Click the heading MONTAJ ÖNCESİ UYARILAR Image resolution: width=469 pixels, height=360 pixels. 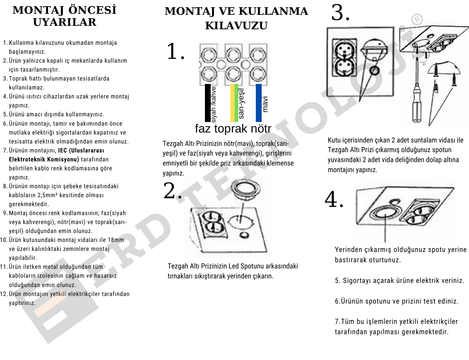(x=65, y=16)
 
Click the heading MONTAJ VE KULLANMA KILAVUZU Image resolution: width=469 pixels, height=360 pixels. (x=236, y=18)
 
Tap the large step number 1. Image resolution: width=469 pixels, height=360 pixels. (x=174, y=52)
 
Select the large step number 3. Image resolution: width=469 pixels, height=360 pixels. (x=340, y=13)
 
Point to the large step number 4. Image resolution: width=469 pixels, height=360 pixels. (x=334, y=199)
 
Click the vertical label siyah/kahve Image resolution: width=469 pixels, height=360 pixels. (x=214, y=104)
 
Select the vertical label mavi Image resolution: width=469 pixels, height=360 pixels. (x=265, y=104)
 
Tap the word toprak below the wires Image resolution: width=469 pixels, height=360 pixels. (x=231, y=129)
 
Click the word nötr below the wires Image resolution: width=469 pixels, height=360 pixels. (x=261, y=129)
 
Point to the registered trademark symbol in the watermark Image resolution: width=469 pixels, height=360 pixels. (x=417, y=19)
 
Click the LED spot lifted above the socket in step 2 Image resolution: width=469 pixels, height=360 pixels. (x=243, y=189)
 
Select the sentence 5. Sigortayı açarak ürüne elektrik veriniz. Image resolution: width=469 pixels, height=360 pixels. (x=400, y=280)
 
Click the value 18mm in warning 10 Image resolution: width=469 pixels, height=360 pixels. (x=116, y=240)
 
